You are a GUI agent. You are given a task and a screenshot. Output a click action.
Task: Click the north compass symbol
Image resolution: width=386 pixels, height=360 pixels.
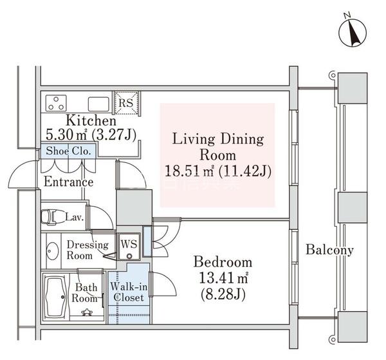[353, 32]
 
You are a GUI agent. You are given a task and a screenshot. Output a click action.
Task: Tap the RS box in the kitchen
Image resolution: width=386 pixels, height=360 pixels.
[126, 103]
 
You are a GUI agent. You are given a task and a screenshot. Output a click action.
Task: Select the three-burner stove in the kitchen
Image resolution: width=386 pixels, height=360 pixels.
[56, 103]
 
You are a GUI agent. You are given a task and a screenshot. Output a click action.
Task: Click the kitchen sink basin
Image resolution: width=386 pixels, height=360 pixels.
[98, 104]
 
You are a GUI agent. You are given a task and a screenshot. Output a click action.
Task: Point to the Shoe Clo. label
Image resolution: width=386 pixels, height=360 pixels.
[68, 151]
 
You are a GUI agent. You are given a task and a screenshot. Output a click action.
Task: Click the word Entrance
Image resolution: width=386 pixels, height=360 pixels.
[69, 182]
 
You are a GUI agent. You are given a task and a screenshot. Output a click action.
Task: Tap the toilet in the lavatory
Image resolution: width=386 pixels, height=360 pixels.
[51, 217]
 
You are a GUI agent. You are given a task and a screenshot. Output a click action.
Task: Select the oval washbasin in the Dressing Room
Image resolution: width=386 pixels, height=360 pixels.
[53, 251]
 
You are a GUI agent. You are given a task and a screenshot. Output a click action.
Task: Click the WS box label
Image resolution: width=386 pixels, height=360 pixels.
[129, 244]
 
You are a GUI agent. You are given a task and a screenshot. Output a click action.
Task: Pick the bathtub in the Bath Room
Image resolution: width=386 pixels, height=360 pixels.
[57, 298]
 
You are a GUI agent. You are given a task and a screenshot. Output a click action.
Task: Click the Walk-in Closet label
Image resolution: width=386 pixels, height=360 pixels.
[129, 292]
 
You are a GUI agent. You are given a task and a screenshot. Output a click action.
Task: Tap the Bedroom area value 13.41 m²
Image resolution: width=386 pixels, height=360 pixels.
[223, 278]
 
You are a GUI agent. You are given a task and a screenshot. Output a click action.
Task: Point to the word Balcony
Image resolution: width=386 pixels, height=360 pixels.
[329, 250]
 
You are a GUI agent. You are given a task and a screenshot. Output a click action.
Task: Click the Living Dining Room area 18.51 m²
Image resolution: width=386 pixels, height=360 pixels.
[190, 171]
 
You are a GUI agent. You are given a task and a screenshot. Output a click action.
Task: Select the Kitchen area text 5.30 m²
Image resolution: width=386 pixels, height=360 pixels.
[66, 135]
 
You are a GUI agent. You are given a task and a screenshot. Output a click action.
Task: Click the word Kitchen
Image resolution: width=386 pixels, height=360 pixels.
[91, 120]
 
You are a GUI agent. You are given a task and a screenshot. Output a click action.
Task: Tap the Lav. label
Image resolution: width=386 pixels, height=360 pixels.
[75, 217]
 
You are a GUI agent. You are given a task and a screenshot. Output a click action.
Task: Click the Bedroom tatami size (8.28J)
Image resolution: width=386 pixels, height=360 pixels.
[223, 294]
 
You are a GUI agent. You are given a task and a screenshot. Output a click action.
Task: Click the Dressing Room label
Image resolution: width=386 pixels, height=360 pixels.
[87, 250]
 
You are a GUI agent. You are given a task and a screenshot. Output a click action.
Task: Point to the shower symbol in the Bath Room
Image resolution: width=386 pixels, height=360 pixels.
[87, 312]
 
